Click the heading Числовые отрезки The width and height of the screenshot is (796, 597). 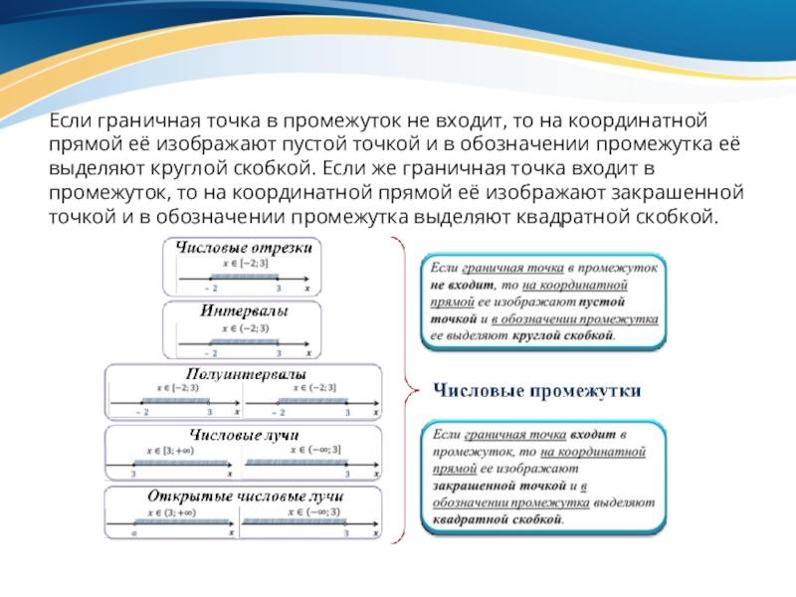click(x=244, y=248)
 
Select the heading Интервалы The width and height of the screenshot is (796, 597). click(x=244, y=310)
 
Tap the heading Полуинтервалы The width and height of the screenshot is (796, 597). click(x=245, y=372)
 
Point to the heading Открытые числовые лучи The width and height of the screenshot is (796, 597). click(x=245, y=496)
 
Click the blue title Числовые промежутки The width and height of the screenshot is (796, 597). click(x=536, y=392)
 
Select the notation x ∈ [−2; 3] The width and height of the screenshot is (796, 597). click(x=244, y=265)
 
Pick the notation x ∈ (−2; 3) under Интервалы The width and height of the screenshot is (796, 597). click(x=244, y=327)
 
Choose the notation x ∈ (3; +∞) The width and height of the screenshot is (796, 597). click(x=169, y=512)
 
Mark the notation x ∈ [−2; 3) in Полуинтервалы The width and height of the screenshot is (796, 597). click(x=169, y=388)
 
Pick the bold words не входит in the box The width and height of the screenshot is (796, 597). click(x=457, y=286)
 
